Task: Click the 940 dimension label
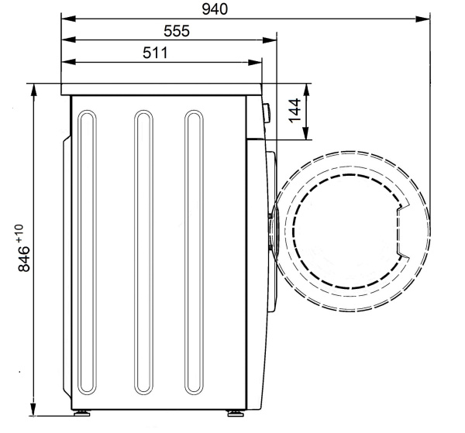click(215, 9)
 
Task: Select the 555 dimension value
click(177, 31)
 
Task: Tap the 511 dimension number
click(155, 53)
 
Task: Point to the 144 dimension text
click(294, 111)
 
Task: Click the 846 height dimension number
click(24, 259)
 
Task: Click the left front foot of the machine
click(82, 413)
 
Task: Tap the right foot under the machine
click(236, 413)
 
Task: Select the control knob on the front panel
click(267, 113)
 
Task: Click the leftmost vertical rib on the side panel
click(87, 297)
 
